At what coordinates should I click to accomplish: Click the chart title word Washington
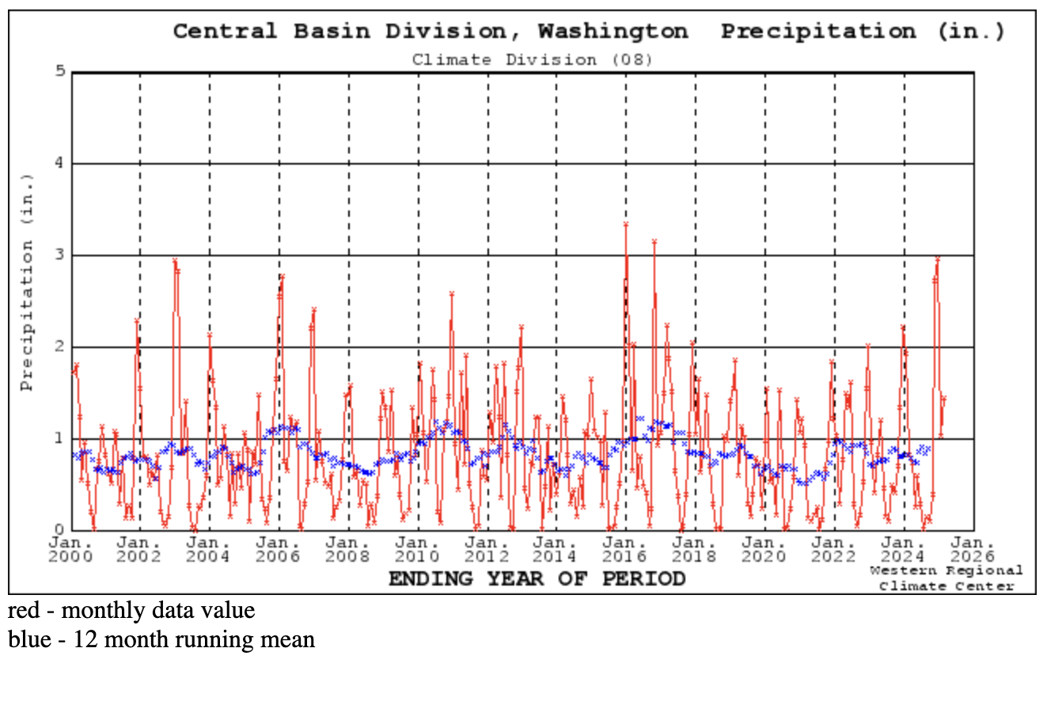(x=613, y=32)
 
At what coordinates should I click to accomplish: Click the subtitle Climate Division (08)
(x=532, y=60)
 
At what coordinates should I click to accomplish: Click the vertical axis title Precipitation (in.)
(x=28, y=283)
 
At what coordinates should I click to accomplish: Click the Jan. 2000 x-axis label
(x=71, y=549)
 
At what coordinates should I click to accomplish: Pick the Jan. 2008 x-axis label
(x=348, y=549)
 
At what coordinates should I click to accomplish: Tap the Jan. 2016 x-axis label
(x=625, y=549)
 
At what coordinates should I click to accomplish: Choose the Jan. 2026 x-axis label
(x=973, y=549)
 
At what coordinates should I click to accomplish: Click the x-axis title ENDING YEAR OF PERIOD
(x=537, y=579)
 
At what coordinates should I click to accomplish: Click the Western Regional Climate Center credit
(x=946, y=578)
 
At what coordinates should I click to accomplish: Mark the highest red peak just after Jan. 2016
(x=625, y=225)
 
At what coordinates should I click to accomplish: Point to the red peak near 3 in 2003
(x=175, y=260)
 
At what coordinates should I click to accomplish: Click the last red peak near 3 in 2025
(x=938, y=258)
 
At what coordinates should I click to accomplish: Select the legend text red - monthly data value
(x=132, y=611)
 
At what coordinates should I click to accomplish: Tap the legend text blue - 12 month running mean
(x=161, y=639)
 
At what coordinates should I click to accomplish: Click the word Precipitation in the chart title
(x=818, y=32)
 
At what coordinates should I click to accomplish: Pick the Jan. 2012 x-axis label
(x=487, y=549)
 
